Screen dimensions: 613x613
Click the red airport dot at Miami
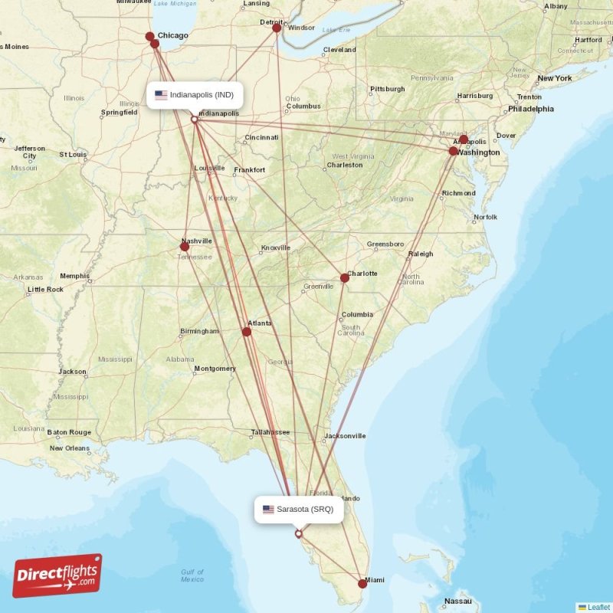[362, 584]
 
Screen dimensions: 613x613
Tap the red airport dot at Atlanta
[247, 332]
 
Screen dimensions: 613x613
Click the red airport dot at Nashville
[185, 247]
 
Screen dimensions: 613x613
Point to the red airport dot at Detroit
[277, 28]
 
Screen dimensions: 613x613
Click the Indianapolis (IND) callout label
[195, 95]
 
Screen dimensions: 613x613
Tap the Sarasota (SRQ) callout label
[299, 509]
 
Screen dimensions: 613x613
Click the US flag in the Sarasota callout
[268, 509]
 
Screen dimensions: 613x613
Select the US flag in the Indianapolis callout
[161, 95]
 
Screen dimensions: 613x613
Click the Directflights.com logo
[57, 575]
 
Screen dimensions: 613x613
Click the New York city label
[555, 78]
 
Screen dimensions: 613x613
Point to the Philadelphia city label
[530, 109]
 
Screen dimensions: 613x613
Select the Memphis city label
[74, 276]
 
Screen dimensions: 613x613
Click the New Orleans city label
[70, 448]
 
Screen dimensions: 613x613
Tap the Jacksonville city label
[344, 436]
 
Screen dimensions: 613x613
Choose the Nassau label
[458, 602]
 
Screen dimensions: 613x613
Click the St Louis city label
[73, 154]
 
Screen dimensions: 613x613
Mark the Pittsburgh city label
[387, 89]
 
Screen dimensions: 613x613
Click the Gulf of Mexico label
[192, 575]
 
